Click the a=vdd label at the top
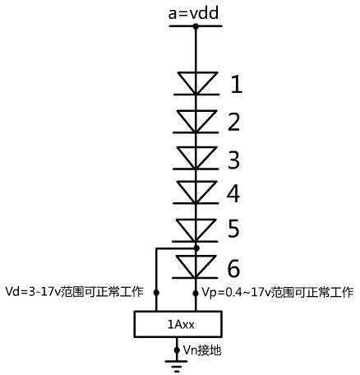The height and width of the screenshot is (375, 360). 193,13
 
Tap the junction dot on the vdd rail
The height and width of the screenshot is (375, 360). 196,26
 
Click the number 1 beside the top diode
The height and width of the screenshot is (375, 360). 237,85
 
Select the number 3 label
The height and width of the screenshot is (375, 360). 233,160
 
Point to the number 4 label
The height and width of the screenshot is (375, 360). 233,193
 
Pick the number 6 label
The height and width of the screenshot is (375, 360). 233,269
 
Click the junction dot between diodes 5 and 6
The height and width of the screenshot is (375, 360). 196,248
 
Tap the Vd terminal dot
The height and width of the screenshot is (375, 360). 156,293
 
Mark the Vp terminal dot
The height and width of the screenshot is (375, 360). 196,294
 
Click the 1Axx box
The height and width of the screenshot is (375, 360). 178,324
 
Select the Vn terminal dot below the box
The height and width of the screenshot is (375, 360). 177,350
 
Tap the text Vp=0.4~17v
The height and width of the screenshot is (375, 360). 236,292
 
